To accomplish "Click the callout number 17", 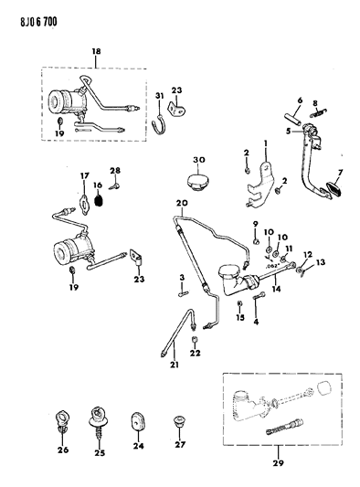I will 83,175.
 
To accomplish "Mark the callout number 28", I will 115,172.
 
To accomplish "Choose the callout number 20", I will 182,202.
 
